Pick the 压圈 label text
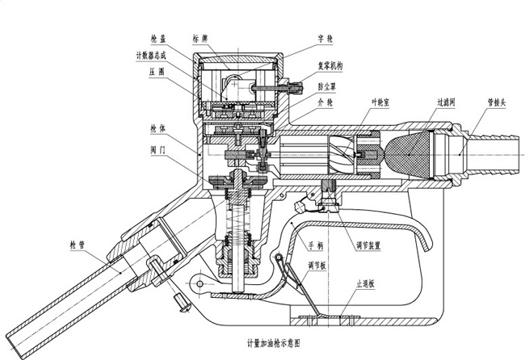[x=157, y=71]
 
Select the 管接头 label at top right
[x=498, y=103]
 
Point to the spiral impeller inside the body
[x=338, y=152]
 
